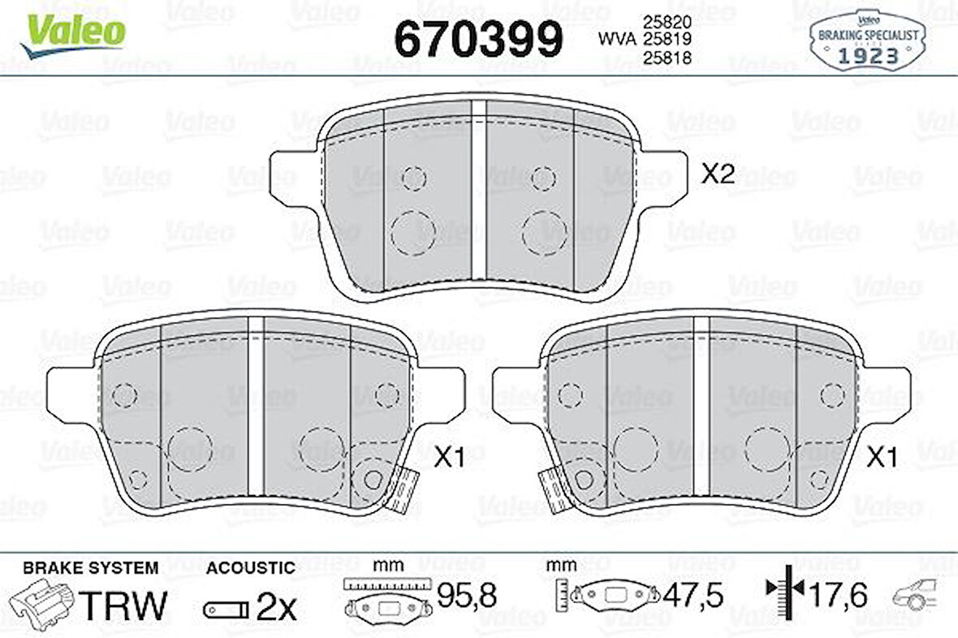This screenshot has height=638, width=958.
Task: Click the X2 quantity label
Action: point(717,174)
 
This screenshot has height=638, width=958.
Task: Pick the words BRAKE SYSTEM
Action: point(90,567)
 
